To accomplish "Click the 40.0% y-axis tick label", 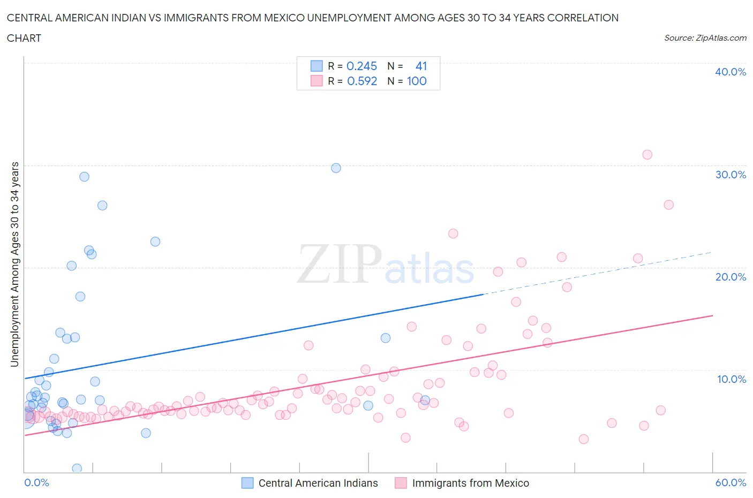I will [x=731, y=72].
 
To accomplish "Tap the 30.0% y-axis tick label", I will [x=731, y=175].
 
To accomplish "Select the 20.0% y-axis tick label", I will [x=731, y=277].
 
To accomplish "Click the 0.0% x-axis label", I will [x=36, y=482].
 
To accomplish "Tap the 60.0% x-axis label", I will [x=731, y=482].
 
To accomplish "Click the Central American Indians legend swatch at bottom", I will [x=247, y=483].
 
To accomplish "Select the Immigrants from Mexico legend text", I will [x=470, y=483].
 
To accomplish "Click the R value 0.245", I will [x=362, y=66].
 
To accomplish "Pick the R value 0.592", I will [x=362, y=81].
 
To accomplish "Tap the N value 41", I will [x=421, y=66].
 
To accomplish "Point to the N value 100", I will [x=417, y=81].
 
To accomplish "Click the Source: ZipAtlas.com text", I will [x=705, y=37].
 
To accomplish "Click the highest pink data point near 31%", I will [x=647, y=155].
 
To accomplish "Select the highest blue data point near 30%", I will [x=336, y=168].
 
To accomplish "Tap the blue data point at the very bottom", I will [x=77, y=469].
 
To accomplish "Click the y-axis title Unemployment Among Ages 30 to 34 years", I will [x=14, y=264].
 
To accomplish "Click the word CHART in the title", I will [x=24, y=38].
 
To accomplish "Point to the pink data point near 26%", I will [x=668, y=205].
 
